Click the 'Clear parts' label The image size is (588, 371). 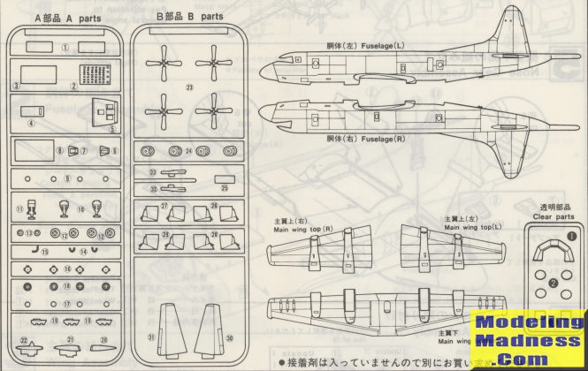tap(554, 215)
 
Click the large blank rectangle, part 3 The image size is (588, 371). tap(39, 73)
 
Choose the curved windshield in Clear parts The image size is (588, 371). tap(554, 254)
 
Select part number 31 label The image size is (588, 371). tap(151, 337)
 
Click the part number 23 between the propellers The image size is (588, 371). tap(189, 87)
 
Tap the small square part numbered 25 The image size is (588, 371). tap(226, 177)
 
